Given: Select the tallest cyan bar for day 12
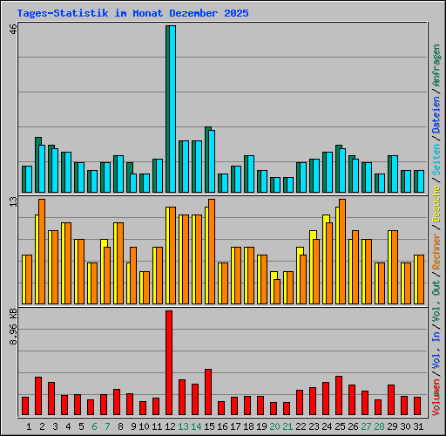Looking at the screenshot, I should pyautogui.click(x=172, y=109).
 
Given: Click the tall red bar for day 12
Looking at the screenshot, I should pyautogui.click(x=169, y=363).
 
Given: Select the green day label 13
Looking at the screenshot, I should pyautogui.click(x=182, y=426).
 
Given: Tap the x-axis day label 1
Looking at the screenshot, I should pyautogui.click(x=29, y=426).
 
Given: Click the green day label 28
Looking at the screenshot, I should pyautogui.click(x=378, y=426).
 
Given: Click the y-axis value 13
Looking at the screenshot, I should pyautogui.click(x=12, y=201).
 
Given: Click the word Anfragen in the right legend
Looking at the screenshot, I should pyautogui.click(x=436, y=65).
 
